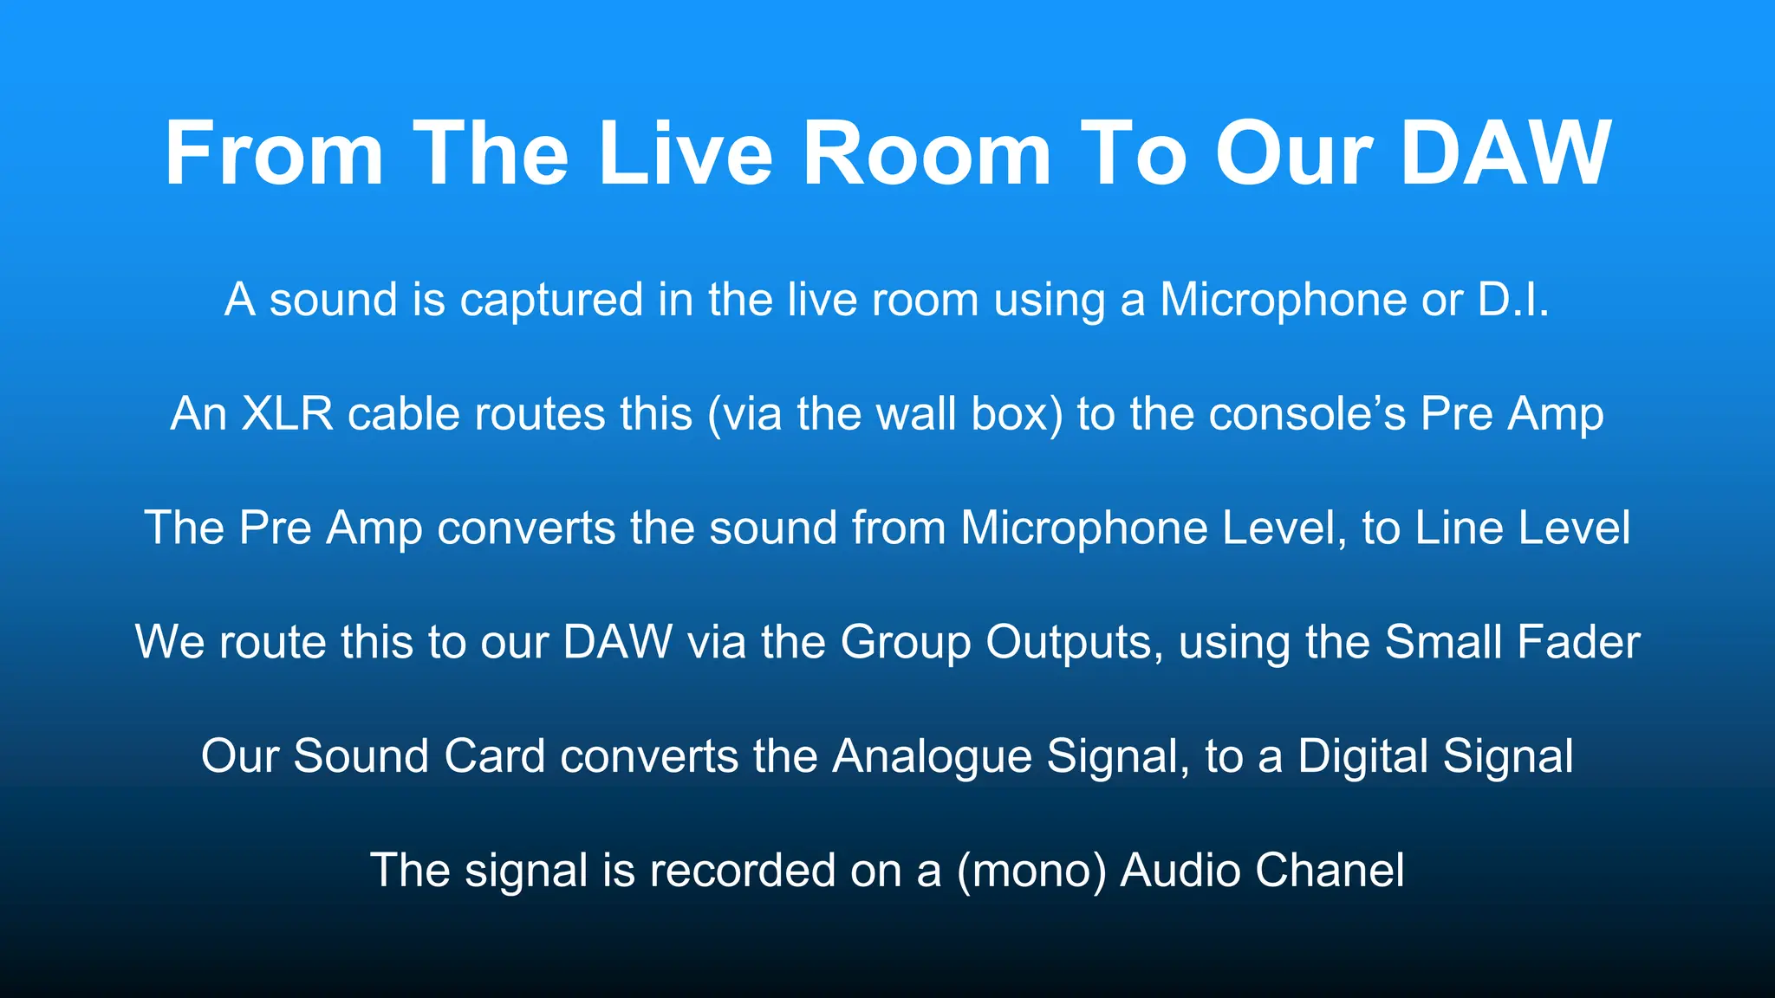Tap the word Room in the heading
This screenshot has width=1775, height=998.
pyautogui.click(x=927, y=153)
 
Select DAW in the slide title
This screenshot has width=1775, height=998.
pyautogui.click(x=1505, y=153)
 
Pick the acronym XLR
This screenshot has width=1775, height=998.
pyautogui.click(x=287, y=413)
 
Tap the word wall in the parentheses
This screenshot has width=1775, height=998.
pyautogui.click(x=916, y=413)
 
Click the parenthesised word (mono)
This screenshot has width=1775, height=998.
pyautogui.click(x=1031, y=871)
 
